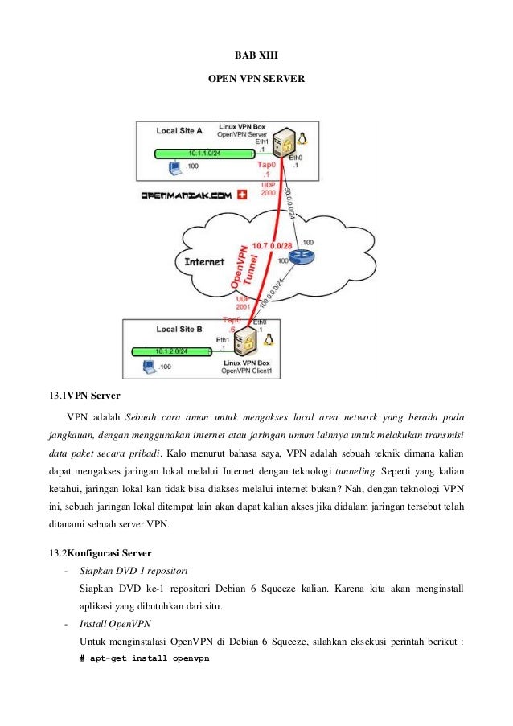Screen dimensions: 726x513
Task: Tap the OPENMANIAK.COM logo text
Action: point(186,195)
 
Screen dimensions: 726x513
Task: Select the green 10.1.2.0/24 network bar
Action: point(171,351)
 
